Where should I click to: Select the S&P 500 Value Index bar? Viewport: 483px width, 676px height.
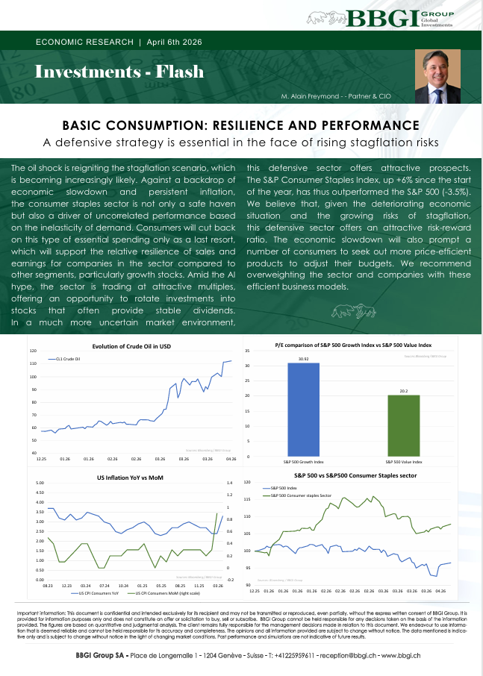click(403, 425)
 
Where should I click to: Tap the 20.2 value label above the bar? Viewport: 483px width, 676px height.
click(403, 390)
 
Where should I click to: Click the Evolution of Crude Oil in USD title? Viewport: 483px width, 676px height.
click(132, 345)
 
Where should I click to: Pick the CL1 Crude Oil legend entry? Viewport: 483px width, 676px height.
click(66, 358)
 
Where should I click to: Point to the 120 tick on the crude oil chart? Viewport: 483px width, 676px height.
click(33, 351)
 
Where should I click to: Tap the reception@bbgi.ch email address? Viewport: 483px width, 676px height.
click(348, 655)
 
